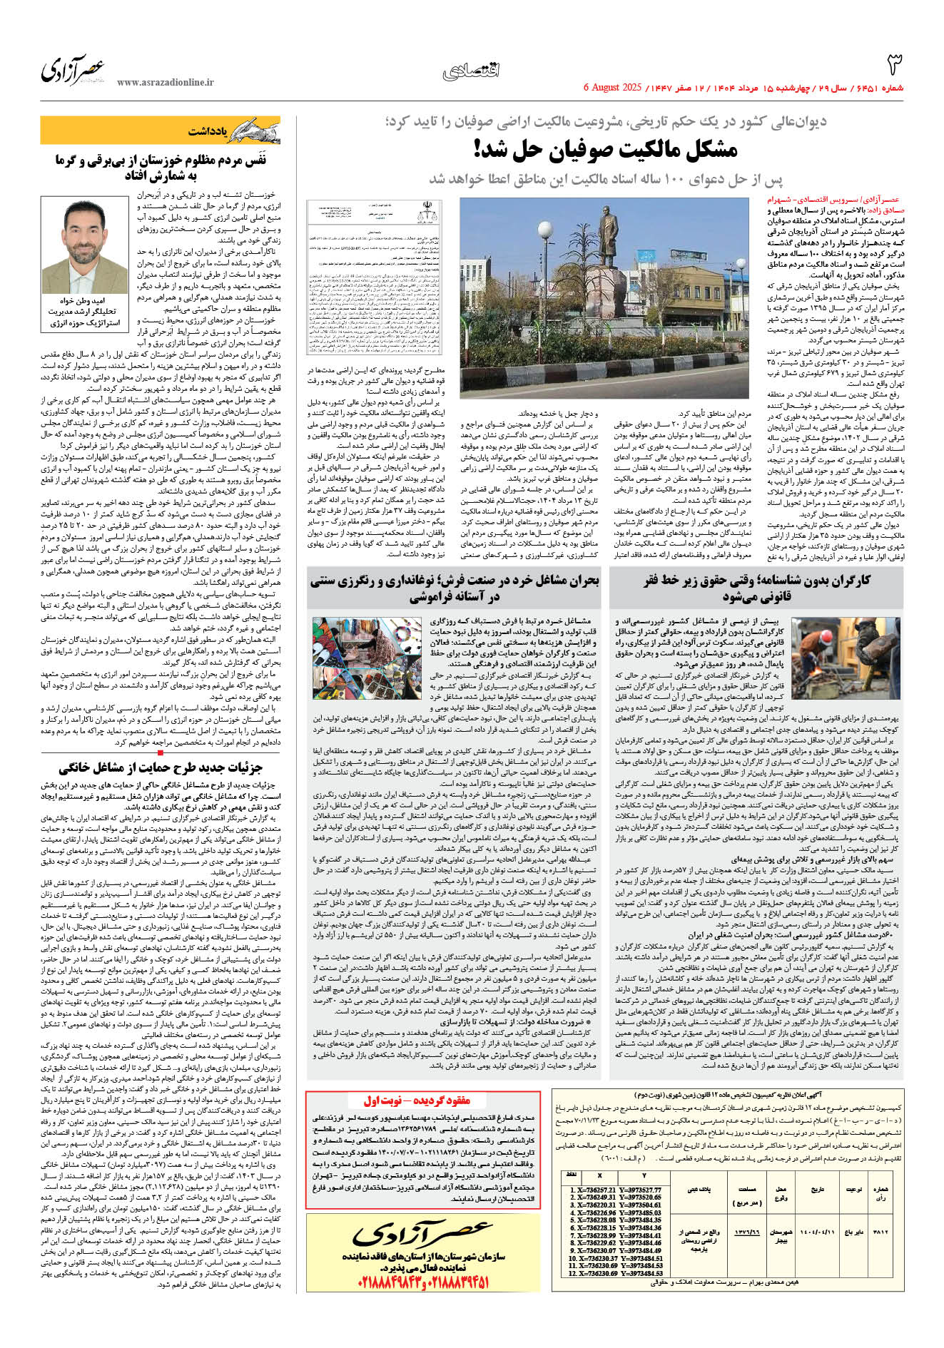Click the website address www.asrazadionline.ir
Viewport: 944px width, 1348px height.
[165, 83]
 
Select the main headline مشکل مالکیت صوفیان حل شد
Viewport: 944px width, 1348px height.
[605, 149]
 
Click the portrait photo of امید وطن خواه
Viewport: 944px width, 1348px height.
[85, 247]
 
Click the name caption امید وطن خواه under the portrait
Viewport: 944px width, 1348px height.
[85, 301]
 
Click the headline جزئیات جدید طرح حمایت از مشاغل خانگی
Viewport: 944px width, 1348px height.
[161, 767]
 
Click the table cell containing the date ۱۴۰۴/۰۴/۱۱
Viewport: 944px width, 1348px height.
[816, 1231]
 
